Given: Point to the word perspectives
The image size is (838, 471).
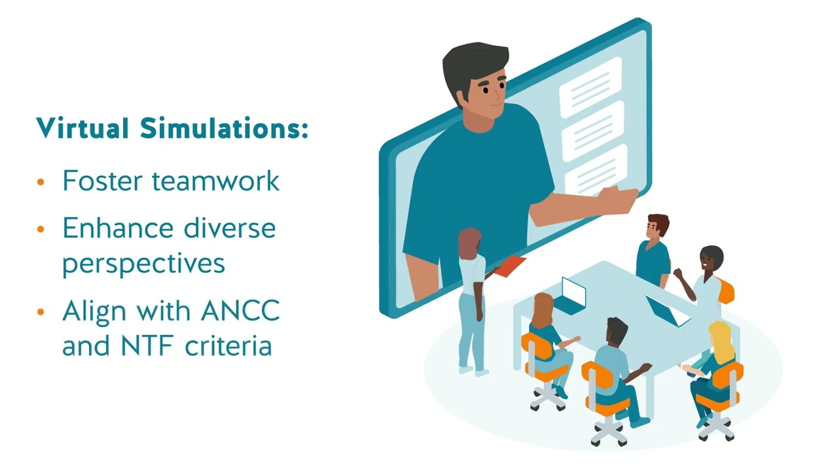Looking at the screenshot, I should pyautogui.click(x=143, y=264).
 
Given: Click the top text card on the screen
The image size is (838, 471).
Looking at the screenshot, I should pyautogui.click(x=590, y=87).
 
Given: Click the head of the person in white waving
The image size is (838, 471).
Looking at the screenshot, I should pyautogui.click(x=710, y=259).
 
